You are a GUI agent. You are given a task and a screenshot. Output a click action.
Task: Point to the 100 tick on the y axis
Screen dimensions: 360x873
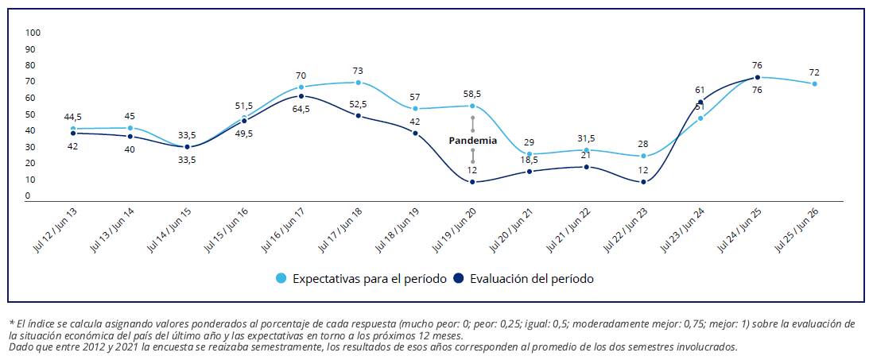33,33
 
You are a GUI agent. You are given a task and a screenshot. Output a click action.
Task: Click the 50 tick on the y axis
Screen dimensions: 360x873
30,114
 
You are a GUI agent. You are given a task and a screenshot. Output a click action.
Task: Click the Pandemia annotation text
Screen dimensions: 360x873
472,140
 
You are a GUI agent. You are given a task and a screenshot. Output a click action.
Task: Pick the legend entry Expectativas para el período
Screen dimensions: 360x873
361,279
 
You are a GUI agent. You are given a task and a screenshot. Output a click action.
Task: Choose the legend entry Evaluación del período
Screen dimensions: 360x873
524,279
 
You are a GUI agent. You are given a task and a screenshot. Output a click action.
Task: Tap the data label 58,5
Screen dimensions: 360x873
472,94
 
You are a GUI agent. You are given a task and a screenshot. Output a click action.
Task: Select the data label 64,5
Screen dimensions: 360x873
301,110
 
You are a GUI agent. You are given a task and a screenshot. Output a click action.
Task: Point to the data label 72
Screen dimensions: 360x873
814,72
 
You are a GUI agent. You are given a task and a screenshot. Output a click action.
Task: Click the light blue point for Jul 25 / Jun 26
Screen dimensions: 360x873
815,83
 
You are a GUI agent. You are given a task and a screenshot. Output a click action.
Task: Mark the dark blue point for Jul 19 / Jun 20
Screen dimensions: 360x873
472,182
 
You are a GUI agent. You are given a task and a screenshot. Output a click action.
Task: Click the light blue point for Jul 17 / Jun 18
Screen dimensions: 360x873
359,83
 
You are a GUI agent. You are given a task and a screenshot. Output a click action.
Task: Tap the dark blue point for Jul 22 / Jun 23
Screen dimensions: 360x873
643,182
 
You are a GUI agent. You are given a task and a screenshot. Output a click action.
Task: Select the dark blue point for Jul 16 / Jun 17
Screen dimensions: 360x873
301,96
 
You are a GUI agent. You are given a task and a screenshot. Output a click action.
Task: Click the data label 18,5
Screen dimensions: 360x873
530,160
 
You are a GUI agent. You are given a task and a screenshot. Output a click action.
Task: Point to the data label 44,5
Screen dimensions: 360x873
73,117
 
